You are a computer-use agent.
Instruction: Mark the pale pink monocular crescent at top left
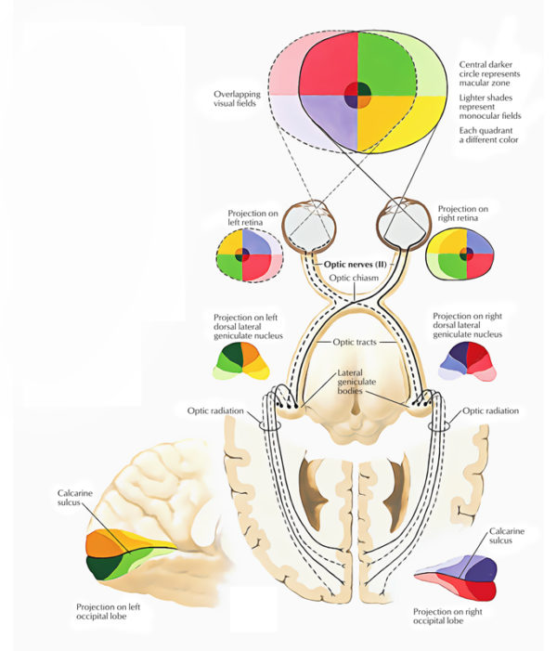point(284,56)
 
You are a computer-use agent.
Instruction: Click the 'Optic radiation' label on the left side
point(216,410)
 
